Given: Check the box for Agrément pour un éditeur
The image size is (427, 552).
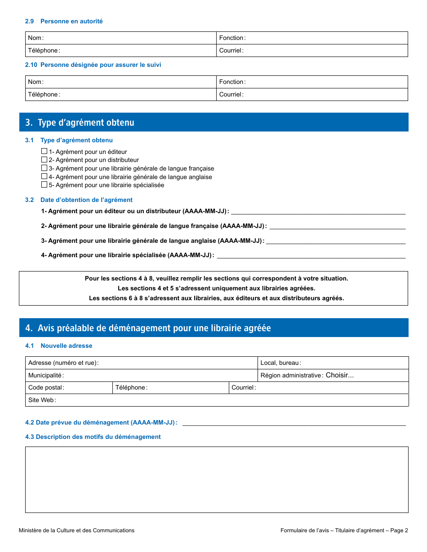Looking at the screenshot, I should point(44,152).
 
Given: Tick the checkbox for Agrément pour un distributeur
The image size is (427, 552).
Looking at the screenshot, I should point(44,160).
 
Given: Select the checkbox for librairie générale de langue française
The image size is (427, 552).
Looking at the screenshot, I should point(44,168).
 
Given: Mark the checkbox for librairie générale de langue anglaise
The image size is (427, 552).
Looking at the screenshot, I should point(44,176).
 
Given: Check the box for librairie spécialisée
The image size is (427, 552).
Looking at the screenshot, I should point(44,184).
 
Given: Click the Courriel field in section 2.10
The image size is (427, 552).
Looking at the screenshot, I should point(324,95).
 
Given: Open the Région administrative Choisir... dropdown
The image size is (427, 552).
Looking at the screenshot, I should point(339,375).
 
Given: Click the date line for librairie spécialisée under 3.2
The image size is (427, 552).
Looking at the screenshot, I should point(311,255).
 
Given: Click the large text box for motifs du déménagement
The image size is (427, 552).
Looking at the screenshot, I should point(217,479).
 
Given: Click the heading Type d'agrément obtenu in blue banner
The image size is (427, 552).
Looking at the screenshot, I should point(86,123).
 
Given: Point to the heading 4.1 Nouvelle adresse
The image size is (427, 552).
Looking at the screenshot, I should point(59,346).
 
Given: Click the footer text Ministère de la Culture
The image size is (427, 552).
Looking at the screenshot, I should point(76,530).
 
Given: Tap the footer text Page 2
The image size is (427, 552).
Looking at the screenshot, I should point(399,530).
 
